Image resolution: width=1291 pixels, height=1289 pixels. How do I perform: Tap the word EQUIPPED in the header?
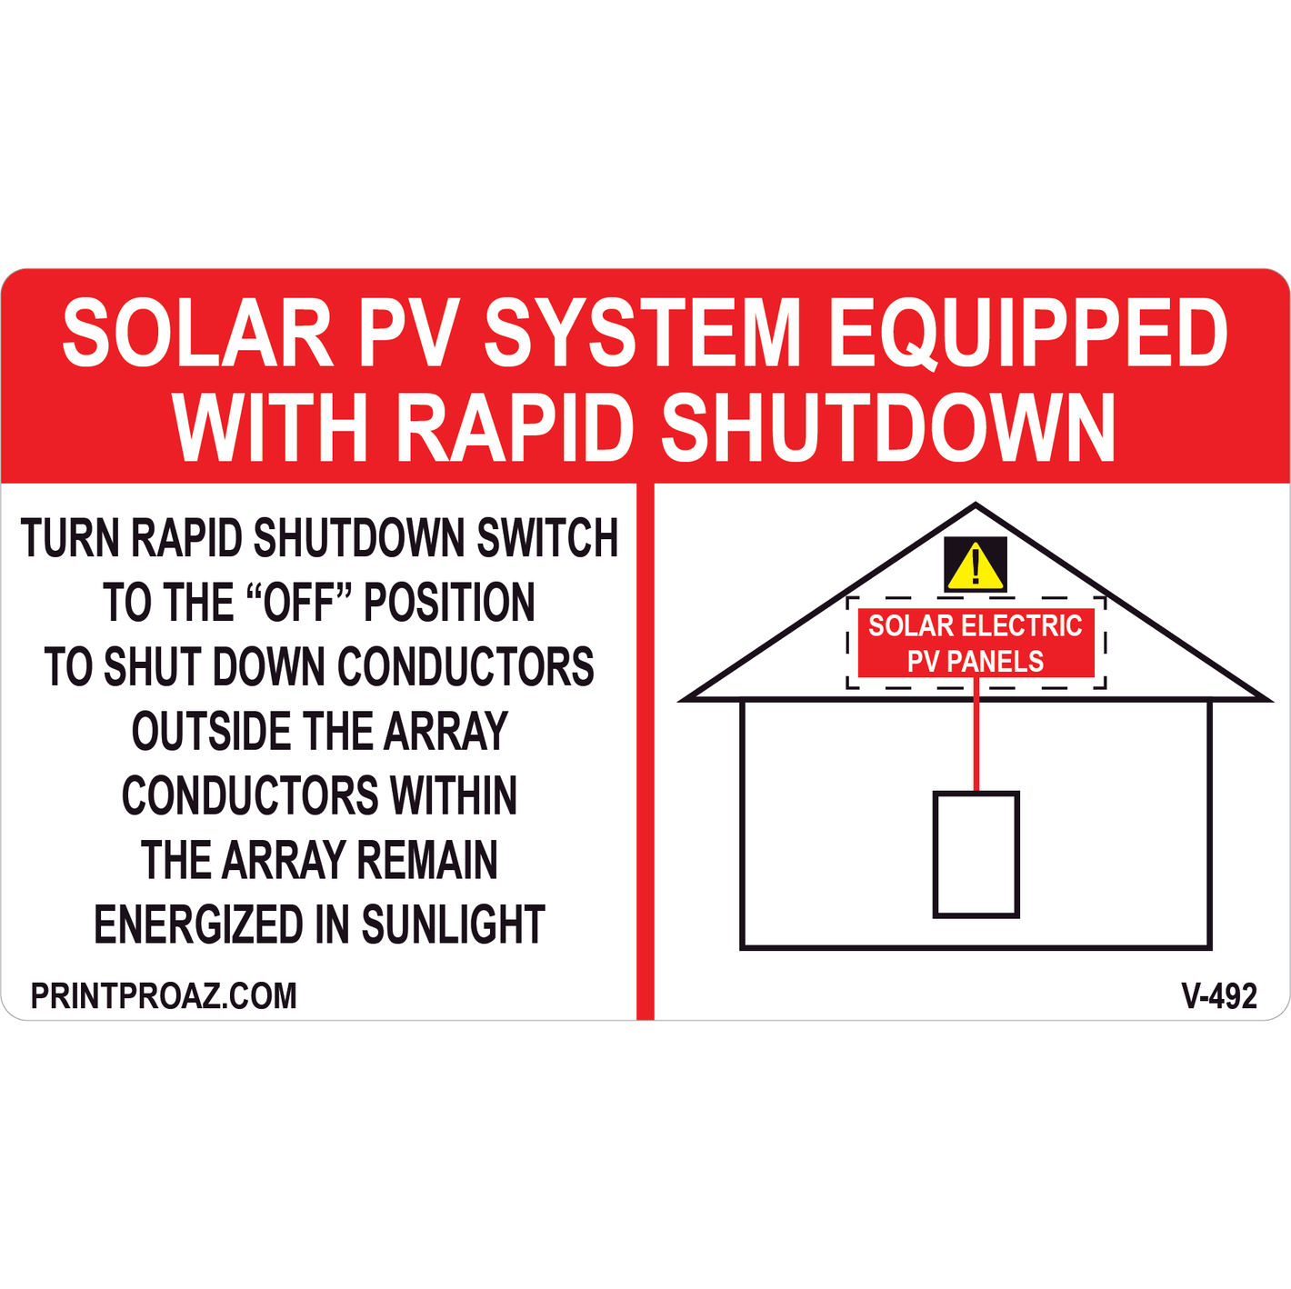pyautogui.click(x=1027, y=334)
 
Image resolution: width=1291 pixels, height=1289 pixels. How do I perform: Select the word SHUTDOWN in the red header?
pyautogui.click(x=887, y=427)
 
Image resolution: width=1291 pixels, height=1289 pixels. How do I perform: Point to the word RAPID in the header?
pyautogui.click(x=515, y=427)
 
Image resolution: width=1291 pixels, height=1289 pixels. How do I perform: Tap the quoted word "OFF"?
pyautogui.click(x=299, y=602)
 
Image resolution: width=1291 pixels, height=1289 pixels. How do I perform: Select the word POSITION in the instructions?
pyautogui.click(x=449, y=602)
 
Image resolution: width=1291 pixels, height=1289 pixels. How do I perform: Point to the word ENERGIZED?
pyautogui.click(x=198, y=924)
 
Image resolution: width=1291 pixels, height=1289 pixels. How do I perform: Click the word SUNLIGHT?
pyautogui.click(x=453, y=924)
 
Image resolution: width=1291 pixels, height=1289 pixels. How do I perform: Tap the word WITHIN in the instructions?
pyautogui.click(x=453, y=795)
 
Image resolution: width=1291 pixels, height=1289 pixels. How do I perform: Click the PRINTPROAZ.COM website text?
pyautogui.click(x=164, y=996)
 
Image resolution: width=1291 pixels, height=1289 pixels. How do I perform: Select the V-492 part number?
pyautogui.click(x=1219, y=996)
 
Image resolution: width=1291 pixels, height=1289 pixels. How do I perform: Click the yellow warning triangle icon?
pyautogui.click(x=976, y=566)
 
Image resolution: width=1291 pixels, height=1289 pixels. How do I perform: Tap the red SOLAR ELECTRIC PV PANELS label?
pyautogui.click(x=976, y=643)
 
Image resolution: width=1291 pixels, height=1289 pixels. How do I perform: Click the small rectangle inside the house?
pyautogui.click(x=976, y=854)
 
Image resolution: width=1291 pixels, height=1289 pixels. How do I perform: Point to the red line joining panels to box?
pyautogui.click(x=976, y=734)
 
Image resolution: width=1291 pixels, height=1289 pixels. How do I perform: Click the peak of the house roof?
pyautogui.click(x=976, y=505)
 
